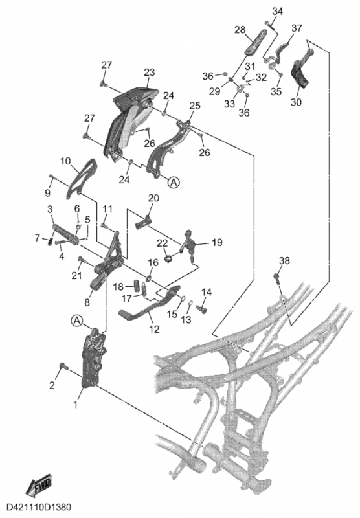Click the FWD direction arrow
[x=39, y=487]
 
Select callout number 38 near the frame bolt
[x=284, y=261]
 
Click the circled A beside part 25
[x=174, y=181]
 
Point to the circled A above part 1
[x=76, y=320]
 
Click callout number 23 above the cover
[x=150, y=73]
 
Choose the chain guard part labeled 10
[x=81, y=179]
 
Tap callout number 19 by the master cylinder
[x=217, y=242]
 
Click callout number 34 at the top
[x=277, y=11]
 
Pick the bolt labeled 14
[x=201, y=308]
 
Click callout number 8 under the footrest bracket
[x=87, y=302]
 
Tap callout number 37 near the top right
[x=297, y=28]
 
